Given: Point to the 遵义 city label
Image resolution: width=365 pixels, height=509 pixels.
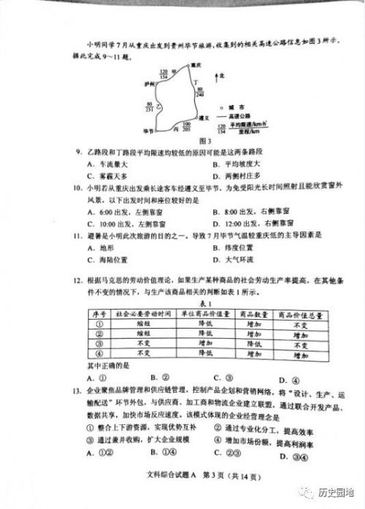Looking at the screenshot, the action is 204,118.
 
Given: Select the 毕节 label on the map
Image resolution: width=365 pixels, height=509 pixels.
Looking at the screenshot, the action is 149,129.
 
